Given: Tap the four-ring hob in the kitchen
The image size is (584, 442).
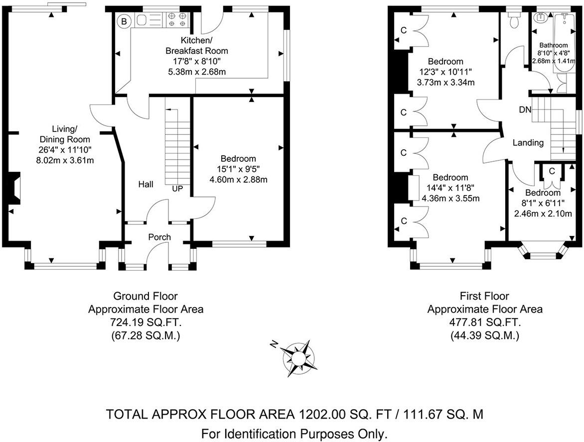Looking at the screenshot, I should [178, 19].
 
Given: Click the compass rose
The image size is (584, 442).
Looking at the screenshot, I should [298, 358].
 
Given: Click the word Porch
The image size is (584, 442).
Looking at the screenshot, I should [159, 237].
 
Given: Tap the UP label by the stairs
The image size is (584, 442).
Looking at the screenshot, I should [177, 189].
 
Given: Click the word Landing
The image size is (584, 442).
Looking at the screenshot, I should [528, 143].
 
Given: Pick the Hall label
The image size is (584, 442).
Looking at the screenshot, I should [146, 184].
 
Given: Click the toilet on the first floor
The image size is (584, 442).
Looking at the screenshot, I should [514, 20].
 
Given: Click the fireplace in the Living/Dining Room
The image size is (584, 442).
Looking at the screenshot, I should [15, 189].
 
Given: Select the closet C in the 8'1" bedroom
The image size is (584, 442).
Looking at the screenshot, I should [552, 171].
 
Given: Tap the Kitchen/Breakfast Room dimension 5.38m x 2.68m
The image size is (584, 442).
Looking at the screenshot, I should [196, 72].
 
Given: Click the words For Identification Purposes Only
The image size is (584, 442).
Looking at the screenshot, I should [294, 434].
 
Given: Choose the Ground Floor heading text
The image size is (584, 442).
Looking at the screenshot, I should [146, 297].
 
